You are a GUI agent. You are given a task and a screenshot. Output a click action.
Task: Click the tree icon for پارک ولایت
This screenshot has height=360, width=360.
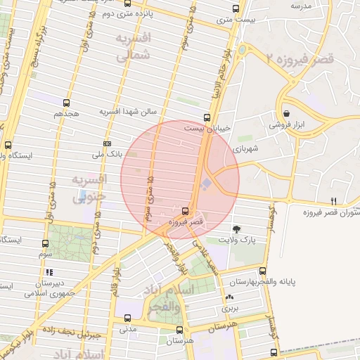(236, 229)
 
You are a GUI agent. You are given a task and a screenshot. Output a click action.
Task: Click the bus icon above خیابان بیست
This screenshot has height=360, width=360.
(206, 117)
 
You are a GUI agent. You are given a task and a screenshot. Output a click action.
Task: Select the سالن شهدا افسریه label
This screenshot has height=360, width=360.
(131, 111)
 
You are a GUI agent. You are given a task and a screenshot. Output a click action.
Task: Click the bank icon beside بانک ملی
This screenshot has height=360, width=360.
(107, 144)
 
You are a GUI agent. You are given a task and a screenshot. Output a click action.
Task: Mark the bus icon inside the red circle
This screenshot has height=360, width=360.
(185, 210)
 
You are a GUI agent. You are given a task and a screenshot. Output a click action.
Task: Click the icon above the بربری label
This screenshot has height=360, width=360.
(231, 297)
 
